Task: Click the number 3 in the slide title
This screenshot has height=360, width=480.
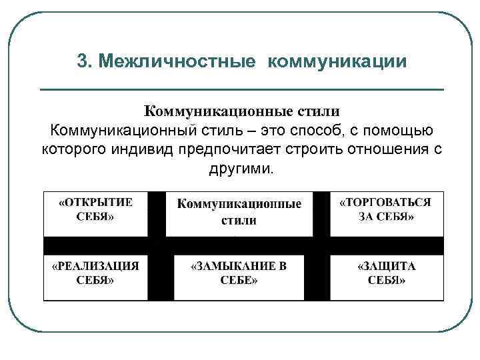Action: point(82,62)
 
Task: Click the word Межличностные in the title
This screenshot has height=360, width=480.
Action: point(176,62)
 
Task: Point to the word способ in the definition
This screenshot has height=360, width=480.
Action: point(303,129)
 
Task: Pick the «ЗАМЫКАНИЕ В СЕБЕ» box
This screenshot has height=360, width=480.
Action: point(239,273)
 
